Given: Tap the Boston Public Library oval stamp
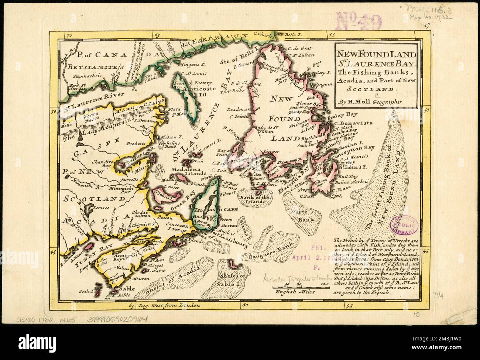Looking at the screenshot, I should pyautogui.click(x=406, y=224).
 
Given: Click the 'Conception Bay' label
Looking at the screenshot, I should pyautogui.click(x=357, y=149).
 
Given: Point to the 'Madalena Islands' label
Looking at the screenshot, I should pyautogui.click(x=188, y=170).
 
